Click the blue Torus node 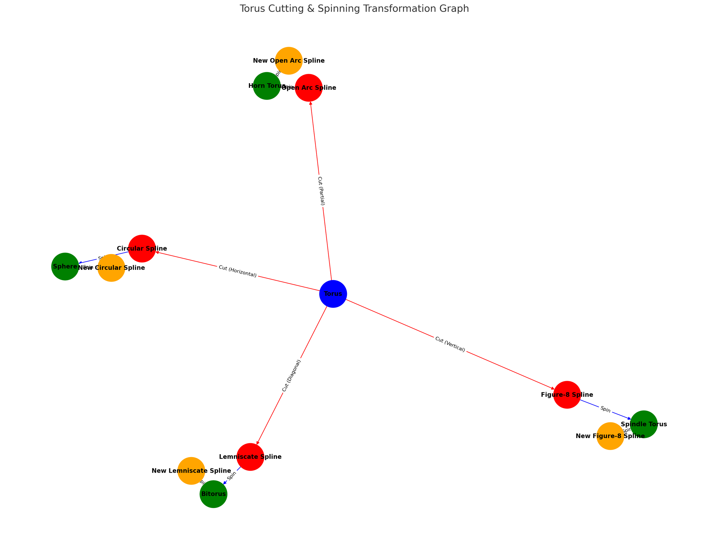[333, 294]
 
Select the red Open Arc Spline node [309, 88]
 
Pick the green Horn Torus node [267, 86]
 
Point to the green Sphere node [65, 266]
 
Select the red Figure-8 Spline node [567, 395]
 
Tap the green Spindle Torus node [643, 424]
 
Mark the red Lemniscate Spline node [250, 456]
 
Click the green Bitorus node [213, 494]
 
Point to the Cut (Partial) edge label [321, 191]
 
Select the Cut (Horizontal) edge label [238, 271]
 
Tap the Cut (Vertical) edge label [450, 344]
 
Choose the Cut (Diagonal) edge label [292, 376]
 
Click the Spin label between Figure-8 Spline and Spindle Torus [605, 409]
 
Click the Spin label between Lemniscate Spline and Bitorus [232, 475]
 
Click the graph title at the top [354, 8]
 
